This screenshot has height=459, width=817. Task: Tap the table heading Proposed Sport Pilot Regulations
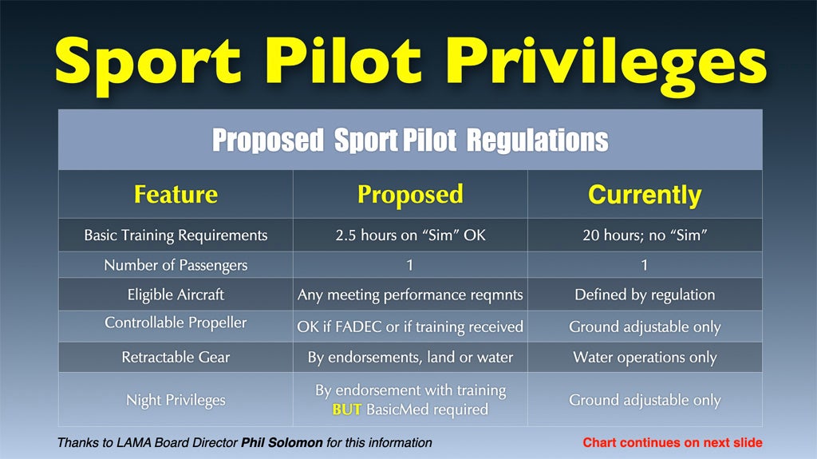pyautogui.click(x=410, y=140)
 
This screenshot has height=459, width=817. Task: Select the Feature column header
pyautogui.click(x=176, y=194)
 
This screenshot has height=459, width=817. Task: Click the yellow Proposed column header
pyautogui.click(x=410, y=195)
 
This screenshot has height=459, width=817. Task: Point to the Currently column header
pyautogui.click(x=645, y=195)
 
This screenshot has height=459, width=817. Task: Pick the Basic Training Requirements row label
pyautogui.click(x=176, y=235)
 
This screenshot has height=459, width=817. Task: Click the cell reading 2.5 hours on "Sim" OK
pyautogui.click(x=410, y=235)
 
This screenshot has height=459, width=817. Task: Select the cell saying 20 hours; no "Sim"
pyautogui.click(x=645, y=235)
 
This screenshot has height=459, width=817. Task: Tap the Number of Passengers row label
pyautogui.click(x=176, y=265)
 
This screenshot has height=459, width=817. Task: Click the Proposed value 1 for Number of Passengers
pyautogui.click(x=410, y=265)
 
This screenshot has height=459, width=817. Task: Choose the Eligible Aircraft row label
pyautogui.click(x=176, y=295)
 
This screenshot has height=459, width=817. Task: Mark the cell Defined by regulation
pyautogui.click(x=645, y=295)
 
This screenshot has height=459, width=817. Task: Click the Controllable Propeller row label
pyautogui.click(x=176, y=322)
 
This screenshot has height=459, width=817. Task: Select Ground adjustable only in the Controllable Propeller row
pyautogui.click(x=645, y=327)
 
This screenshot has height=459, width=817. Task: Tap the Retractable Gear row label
pyautogui.click(x=176, y=358)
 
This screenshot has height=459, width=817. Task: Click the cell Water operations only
pyautogui.click(x=645, y=358)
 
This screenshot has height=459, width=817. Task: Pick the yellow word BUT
pyautogui.click(x=347, y=410)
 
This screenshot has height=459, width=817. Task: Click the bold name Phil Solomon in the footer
pyautogui.click(x=282, y=443)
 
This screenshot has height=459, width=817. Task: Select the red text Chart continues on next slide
pyautogui.click(x=672, y=443)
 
